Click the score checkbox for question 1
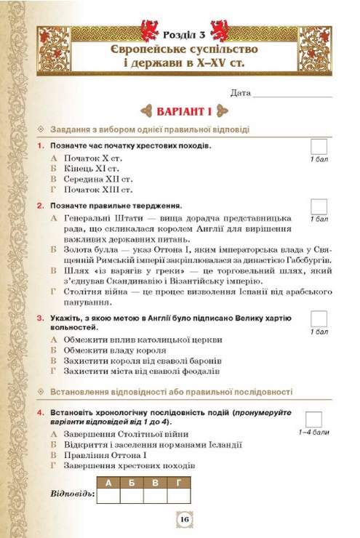click(x=319, y=146)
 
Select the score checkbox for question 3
click(x=319, y=318)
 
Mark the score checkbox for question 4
click(x=314, y=419)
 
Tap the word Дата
click(x=239, y=93)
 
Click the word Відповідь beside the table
click(x=73, y=495)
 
